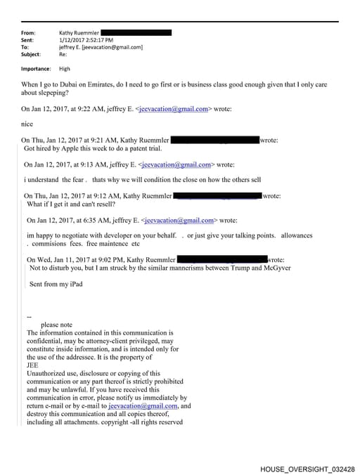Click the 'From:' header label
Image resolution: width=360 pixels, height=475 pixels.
pyautogui.click(x=29, y=33)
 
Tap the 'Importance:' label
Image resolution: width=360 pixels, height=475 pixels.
pyautogui.click(x=36, y=69)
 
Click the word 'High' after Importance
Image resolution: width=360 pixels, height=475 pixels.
pyautogui.click(x=65, y=69)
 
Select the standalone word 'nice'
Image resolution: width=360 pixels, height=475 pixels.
pyautogui.click(x=28, y=124)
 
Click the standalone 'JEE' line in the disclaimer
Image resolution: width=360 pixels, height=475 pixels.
pyautogui.click(x=32, y=365)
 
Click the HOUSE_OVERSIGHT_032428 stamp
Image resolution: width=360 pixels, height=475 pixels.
pyautogui.click(x=307, y=468)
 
